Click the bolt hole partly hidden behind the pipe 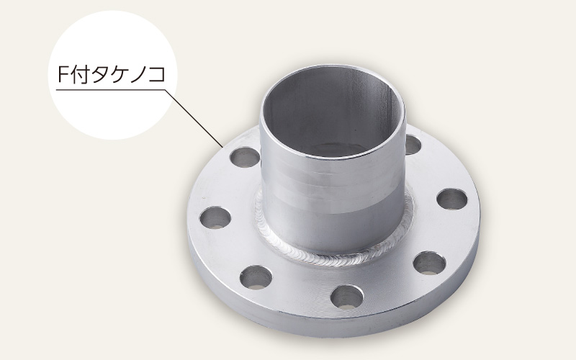413,145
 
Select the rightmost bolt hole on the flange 451,199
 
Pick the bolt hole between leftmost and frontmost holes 255,276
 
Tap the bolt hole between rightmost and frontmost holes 430,262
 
